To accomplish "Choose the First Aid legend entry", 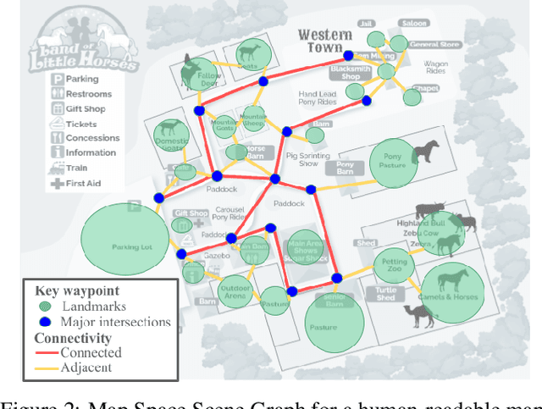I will [85, 183].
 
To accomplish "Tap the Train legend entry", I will [81, 168].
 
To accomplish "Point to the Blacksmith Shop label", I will [351, 73].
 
